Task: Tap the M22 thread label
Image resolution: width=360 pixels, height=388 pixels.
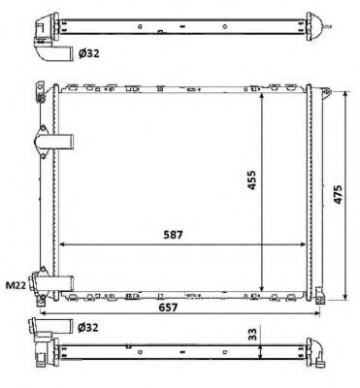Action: tap(16, 285)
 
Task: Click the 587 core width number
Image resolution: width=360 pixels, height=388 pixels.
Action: tap(172, 233)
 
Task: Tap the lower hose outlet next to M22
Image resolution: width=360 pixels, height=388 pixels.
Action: tap(53, 280)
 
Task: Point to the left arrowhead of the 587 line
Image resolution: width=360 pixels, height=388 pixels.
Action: tap(63, 243)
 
